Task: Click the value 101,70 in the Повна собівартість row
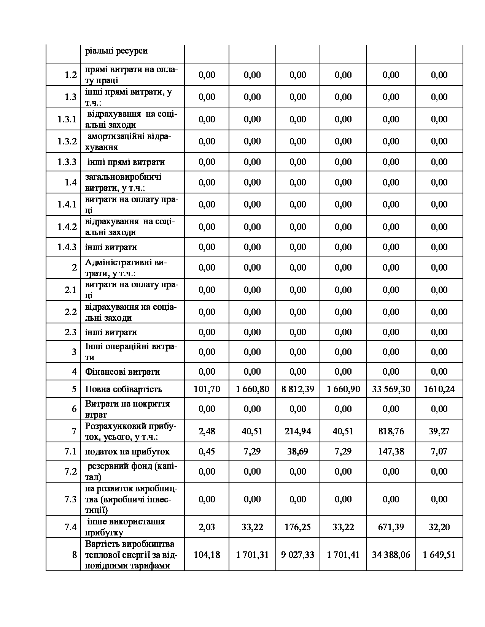pyautogui.click(x=207, y=389)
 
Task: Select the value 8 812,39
pyautogui.click(x=298, y=389)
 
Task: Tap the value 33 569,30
pyautogui.click(x=391, y=389)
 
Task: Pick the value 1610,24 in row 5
pyautogui.click(x=439, y=389)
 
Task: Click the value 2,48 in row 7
pyautogui.click(x=207, y=431)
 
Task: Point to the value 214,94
pyautogui.click(x=298, y=431)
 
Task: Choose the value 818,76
pyautogui.click(x=391, y=431)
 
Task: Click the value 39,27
pyautogui.click(x=439, y=431)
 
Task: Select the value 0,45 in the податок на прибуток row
pyautogui.click(x=207, y=451)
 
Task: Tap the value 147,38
pyautogui.click(x=391, y=451)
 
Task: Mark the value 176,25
pyautogui.click(x=298, y=527)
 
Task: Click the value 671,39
pyautogui.click(x=391, y=527)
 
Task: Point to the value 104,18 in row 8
pyautogui.click(x=207, y=555)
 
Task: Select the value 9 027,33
pyautogui.click(x=298, y=555)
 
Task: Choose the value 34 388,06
pyautogui.click(x=391, y=555)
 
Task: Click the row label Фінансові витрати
pyautogui.click(x=122, y=372)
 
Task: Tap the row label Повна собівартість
pyautogui.click(x=124, y=389)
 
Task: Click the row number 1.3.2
pyautogui.click(x=67, y=141)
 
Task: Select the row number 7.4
pyautogui.click(x=71, y=527)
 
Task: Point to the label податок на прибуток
pyautogui.click(x=127, y=451)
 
